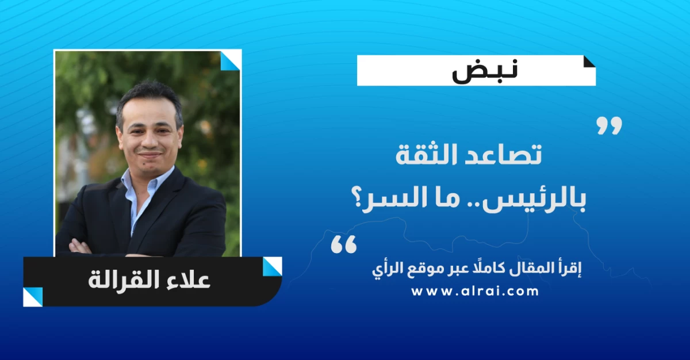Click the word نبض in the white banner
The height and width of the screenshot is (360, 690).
(485, 71)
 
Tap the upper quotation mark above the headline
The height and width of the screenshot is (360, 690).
(609, 125)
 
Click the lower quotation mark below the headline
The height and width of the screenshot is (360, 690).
(343, 244)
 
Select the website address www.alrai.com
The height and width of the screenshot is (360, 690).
(475, 292)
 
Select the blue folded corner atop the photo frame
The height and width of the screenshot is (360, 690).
(231, 61)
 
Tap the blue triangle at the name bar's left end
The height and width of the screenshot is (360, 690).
(33, 297)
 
